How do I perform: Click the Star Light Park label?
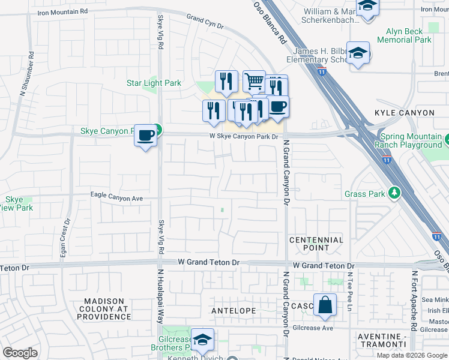154,83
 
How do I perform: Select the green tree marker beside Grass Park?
394,193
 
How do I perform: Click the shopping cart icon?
254,80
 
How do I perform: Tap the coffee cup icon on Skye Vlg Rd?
145,136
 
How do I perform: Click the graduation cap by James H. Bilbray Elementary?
358,53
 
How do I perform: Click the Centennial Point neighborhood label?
316,244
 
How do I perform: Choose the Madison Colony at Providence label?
107,308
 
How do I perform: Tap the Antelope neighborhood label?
234,311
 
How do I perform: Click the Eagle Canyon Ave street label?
116,196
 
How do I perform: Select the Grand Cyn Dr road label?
205,22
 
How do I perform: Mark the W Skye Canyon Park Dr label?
244,137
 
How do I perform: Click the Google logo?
20,353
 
